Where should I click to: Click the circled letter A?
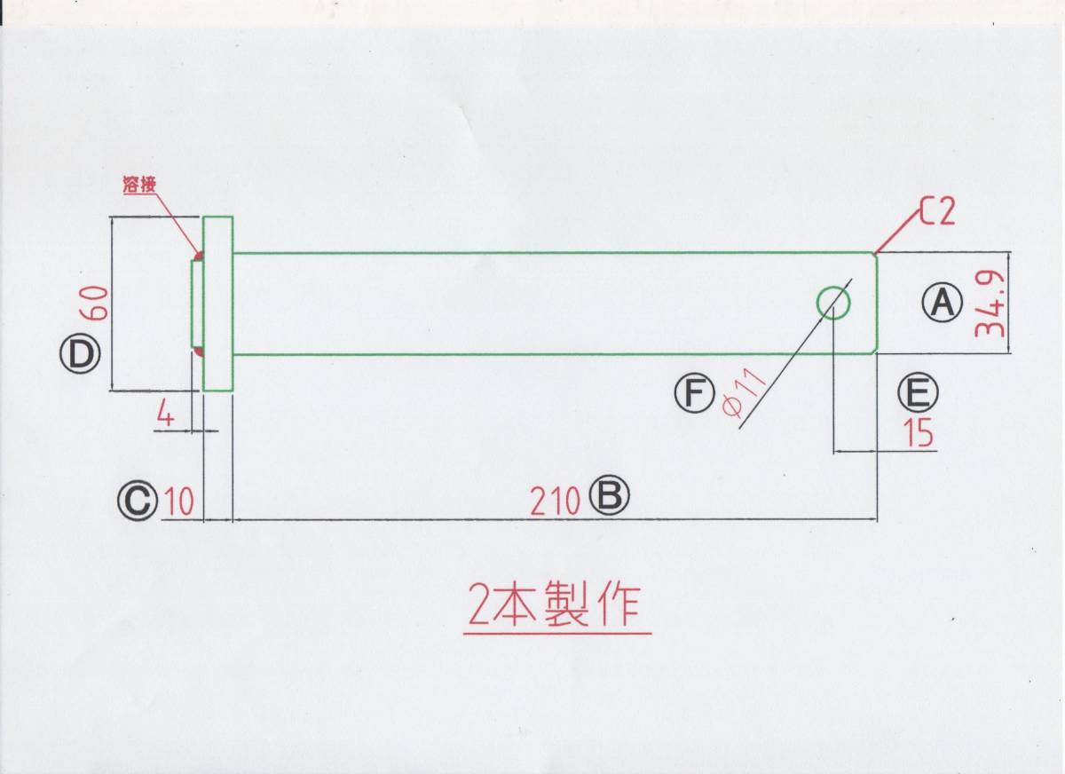(942, 304)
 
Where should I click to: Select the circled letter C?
(136, 502)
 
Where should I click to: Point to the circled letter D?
(79, 357)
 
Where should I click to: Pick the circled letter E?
(916, 391)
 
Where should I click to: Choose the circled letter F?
(694, 393)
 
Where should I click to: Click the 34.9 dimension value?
(990, 304)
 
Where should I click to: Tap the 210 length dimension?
(556, 502)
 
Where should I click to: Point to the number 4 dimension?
(165, 413)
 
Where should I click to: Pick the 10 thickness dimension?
(179, 502)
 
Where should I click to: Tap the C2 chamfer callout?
(936, 212)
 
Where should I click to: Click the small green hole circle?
(833, 304)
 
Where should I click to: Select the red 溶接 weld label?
(139, 186)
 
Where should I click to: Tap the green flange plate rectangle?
(218, 304)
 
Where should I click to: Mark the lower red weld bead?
(199, 352)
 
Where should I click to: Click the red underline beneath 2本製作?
(557, 633)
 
